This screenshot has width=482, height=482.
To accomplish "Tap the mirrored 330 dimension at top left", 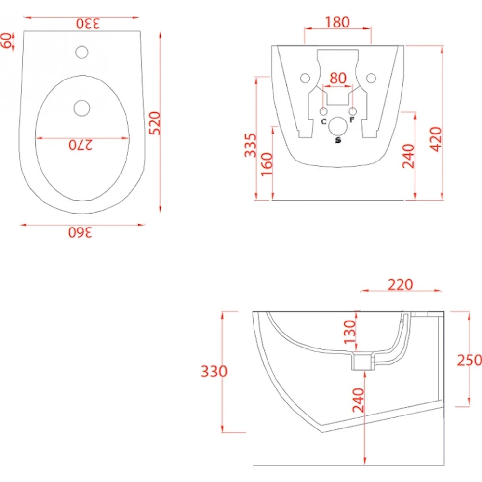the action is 88,24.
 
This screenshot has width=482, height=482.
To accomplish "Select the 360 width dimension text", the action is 80,232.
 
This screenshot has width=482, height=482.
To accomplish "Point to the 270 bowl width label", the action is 80,145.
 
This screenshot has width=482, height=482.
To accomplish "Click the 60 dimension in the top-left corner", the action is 7,40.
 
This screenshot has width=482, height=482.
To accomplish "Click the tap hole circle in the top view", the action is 82,52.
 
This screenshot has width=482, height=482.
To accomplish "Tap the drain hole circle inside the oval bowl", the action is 82,108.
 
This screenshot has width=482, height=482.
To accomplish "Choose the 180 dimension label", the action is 337,22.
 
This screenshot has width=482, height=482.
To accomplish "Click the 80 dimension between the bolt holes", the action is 338,78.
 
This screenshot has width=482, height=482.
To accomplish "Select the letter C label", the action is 324,122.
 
